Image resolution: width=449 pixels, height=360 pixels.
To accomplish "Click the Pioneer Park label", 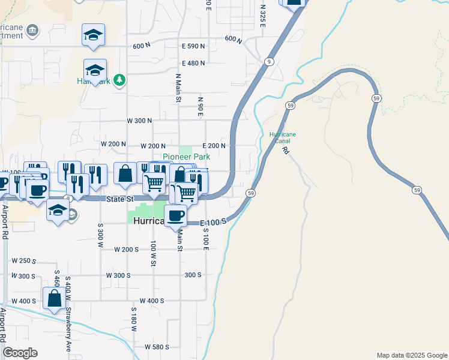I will point(187,157).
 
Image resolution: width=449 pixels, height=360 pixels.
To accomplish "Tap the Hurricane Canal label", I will point(282,137).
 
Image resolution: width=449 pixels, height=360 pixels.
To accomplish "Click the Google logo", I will point(20,353).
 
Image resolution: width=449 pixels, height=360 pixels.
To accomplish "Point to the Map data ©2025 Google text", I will point(412,355).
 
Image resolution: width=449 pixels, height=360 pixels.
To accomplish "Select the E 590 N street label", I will point(193,46).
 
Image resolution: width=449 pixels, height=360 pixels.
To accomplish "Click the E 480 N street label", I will point(193,63).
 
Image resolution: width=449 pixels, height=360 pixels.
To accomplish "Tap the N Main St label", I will point(178,88).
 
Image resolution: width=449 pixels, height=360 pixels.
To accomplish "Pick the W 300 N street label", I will point(139,121).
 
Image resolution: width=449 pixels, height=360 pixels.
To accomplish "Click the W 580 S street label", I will point(157,347).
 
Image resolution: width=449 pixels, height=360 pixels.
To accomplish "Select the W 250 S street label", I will point(24,260).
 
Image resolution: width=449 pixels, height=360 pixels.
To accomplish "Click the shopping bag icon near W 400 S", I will point(54,298).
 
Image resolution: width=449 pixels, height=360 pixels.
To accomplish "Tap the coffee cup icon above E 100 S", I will point(176,215).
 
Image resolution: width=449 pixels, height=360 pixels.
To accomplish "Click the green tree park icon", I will point(119,80).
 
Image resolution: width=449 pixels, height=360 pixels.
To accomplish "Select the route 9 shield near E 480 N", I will point(268,62).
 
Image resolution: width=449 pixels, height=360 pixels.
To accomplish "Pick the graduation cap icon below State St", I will point(58,211).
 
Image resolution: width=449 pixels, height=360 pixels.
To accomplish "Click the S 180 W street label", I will point(134,320).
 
